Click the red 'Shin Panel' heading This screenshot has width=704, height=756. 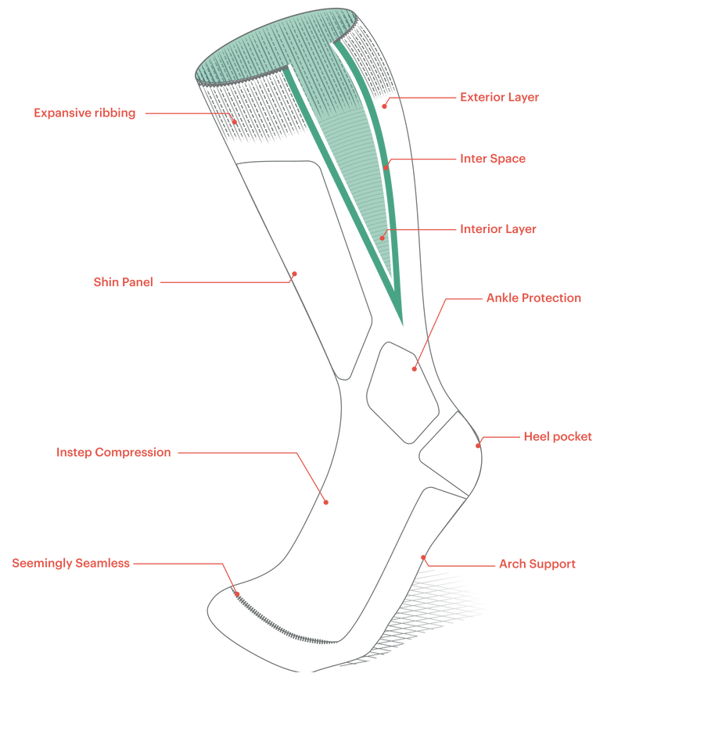click(124, 281)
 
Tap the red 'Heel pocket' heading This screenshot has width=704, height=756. click(557, 435)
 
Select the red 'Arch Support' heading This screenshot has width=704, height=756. click(537, 563)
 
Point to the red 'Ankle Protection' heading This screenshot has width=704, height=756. click(533, 298)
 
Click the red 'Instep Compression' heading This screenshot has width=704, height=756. click(113, 452)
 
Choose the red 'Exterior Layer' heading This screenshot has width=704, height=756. click(497, 97)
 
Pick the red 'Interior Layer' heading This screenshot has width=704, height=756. click(497, 229)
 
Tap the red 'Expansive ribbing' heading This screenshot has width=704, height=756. click(84, 112)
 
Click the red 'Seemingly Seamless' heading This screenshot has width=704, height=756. click(70, 562)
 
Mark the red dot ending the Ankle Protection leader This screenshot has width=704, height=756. click(414, 367)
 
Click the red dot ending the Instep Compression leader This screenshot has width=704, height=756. click(326, 502)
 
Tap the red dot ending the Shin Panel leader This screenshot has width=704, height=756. click(295, 274)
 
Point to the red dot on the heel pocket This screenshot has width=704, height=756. click(476, 446)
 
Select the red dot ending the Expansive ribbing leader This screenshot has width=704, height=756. click(235, 121)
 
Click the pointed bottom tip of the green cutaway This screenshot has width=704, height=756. click(403, 325)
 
